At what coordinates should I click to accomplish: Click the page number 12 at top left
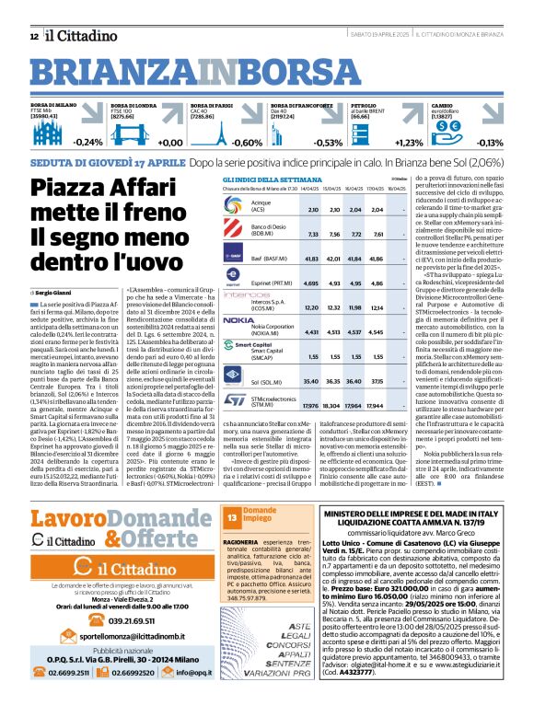point(33,36)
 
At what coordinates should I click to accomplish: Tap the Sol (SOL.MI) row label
point(264,379)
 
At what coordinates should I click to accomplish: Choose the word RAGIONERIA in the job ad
point(243,544)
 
